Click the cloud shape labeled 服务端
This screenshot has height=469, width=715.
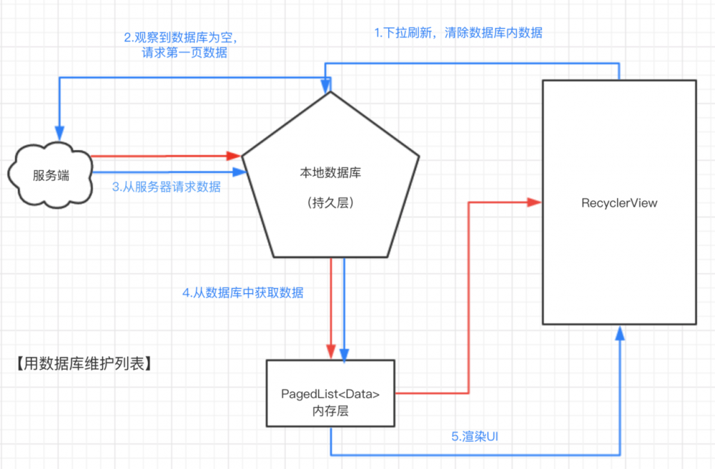pos(51,175)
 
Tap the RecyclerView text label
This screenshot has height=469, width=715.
pos(619,203)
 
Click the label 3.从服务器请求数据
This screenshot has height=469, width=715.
pos(166,188)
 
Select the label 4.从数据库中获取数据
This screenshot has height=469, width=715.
pos(243,292)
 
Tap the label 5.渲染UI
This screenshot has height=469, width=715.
pos(474,436)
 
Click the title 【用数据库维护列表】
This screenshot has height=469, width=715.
pos(83,364)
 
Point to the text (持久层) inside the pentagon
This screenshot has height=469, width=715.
pos(330,203)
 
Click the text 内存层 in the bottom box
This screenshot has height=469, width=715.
pos(330,411)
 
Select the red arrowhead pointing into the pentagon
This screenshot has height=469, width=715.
pos(233,155)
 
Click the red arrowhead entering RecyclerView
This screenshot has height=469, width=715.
pos(533,203)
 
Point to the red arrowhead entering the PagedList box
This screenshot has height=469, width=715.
pos(331,352)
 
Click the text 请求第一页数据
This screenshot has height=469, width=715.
pos(184,52)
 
